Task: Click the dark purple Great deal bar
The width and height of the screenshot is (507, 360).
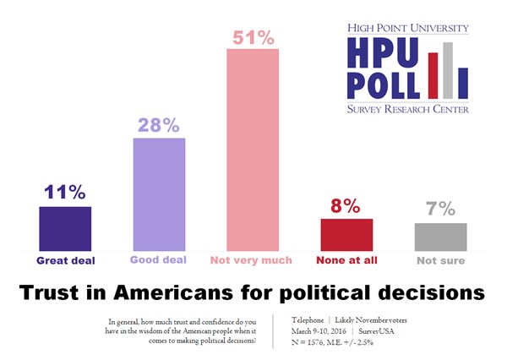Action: [65, 228]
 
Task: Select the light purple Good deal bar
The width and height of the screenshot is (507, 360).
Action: [159, 194]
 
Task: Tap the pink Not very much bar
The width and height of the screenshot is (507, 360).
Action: [253, 150]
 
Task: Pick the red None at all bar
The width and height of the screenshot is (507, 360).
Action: [346, 234]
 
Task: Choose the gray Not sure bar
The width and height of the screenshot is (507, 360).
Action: [440, 237]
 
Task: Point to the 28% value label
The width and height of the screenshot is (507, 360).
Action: [159, 125]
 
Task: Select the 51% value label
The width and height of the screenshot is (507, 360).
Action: [253, 37]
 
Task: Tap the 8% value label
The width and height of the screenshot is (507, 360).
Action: [346, 205]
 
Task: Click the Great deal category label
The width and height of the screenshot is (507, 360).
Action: [65, 260]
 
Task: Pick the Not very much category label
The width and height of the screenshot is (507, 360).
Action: [253, 260]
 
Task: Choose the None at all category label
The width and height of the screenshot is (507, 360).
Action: [346, 260]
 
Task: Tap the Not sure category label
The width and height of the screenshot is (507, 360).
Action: [440, 260]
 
